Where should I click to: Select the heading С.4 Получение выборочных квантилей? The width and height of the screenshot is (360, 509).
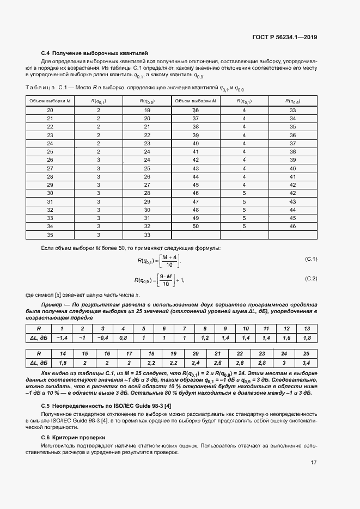click(x=94, y=53)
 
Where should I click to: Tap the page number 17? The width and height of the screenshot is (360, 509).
click(x=314, y=463)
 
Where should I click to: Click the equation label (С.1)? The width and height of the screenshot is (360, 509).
click(x=311, y=259)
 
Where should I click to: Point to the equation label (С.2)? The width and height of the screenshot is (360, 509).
click(x=311, y=279)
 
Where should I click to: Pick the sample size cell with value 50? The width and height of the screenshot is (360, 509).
click(x=196, y=226)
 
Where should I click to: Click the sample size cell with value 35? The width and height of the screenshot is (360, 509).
click(x=50, y=235)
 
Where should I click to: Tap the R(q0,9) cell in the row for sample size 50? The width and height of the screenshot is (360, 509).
click(x=292, y=226)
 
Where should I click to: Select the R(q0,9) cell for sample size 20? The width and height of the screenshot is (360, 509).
click(x=147, y=111)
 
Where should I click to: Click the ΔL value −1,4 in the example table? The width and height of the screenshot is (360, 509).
click(x=62, y=338)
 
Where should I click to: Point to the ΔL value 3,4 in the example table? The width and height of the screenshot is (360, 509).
click(x=307, y=362)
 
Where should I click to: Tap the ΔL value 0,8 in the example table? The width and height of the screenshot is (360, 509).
click(x=123, y=338)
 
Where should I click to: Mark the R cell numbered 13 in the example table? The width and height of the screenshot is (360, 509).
click(x=307, y=329)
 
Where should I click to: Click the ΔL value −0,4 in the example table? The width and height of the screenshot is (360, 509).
click(x=102, y=338)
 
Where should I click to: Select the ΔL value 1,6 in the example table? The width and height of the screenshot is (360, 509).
click(x=286, y=338)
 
